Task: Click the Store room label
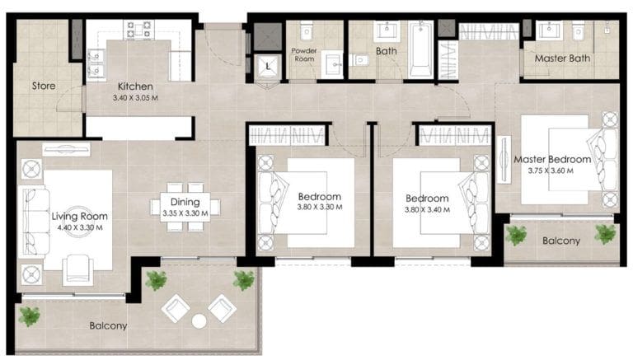(44, 86)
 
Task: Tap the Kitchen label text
(133, 86)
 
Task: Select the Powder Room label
(304, 54)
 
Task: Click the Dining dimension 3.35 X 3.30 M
(185, 213)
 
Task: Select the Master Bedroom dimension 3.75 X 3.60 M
(551, 171)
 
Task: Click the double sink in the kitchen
(96, 64)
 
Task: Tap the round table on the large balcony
(199, 320)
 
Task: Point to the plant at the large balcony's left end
(29, 316)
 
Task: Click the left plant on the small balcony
(516, 235)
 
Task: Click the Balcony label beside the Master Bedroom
(560, 241)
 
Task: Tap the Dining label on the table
(185, 203)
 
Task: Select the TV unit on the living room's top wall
(66, 149)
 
